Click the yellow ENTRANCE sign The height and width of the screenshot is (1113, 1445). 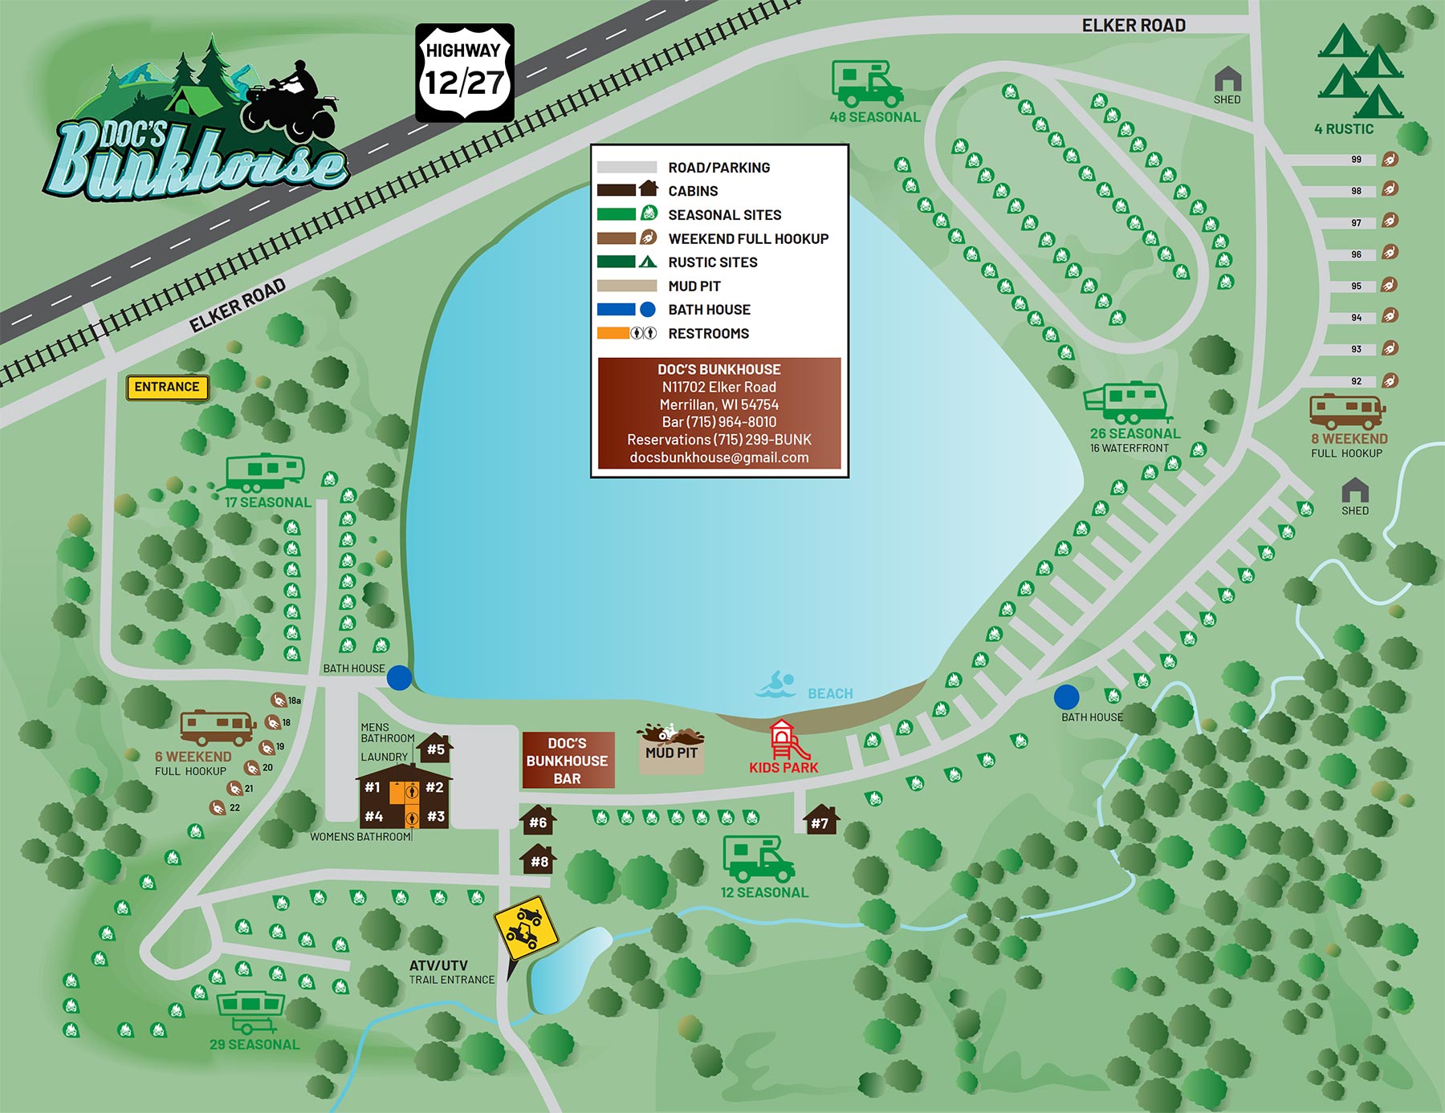tap(167, 388)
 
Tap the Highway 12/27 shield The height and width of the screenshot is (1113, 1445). tap(464, 73)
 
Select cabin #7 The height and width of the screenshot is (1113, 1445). tap(820, 820)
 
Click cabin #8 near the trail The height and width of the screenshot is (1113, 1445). tap(539, 859)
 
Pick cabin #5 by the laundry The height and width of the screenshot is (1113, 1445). tap(435, 748)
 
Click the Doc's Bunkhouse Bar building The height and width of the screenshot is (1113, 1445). tap(568, 760)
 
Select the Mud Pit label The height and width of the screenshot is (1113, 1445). tap(671, 754)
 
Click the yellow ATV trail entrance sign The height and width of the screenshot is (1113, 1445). tap(526, 928)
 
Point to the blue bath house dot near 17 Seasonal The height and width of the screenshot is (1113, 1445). tap(399, 678)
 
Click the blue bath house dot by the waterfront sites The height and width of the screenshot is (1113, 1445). tap(1066, 697)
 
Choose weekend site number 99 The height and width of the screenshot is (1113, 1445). tap(1389, 159)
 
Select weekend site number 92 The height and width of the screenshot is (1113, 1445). tap(1389, 380)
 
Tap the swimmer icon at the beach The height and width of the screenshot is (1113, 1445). tap(775, 685)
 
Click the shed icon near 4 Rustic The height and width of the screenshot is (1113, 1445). tap(1227, 80)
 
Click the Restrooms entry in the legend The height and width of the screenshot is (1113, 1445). tap(708, 333)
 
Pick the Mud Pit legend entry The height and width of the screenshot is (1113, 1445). tap(694, 286)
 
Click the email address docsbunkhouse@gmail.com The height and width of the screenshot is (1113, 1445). tap(719, 457)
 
